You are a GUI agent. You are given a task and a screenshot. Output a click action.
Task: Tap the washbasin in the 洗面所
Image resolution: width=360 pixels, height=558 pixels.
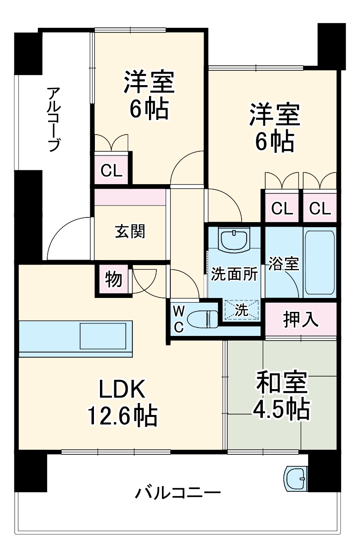pyautogui.click(x=235, y=240)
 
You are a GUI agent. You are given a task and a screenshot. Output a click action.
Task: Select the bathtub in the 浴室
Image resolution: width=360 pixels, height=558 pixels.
pyautogui.click(x=320, y=262)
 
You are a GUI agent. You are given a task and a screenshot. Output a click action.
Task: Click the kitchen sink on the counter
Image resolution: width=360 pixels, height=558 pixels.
pyautogui.click(x=103, y=336)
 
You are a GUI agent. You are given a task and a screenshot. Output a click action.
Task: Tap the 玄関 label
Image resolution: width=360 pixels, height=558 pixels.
pyautogui.click(x=130, y=231)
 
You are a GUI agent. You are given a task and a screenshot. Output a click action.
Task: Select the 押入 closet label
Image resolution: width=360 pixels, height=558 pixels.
pyautogui.click(x=301, y=320)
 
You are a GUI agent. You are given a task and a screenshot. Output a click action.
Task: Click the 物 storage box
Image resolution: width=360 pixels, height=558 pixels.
pyautogui.click(x=113, y=279)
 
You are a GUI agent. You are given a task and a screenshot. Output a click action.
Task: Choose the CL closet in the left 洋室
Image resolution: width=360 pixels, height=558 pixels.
pyautogui.click(x=112, y=171)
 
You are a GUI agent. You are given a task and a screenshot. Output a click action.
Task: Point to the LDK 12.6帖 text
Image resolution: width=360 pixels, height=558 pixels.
pyautogui.click(x=122, y=402)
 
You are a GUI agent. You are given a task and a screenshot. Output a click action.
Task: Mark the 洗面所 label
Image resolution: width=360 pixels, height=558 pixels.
pyautogui.click(x=234, y=274)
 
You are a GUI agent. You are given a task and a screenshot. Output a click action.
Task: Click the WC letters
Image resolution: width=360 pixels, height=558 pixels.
pyautogui.click(x=179, y=318)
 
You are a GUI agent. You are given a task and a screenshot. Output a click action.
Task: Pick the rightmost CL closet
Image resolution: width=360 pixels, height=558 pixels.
pyautogui.click(x=320, y=209)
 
